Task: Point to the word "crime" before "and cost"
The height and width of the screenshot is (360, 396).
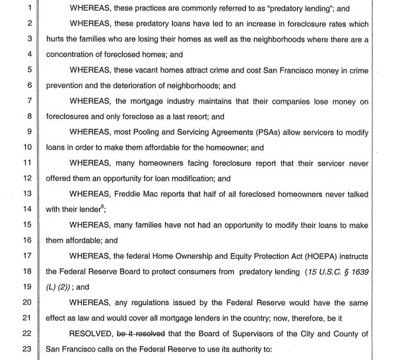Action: point(212,72)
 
